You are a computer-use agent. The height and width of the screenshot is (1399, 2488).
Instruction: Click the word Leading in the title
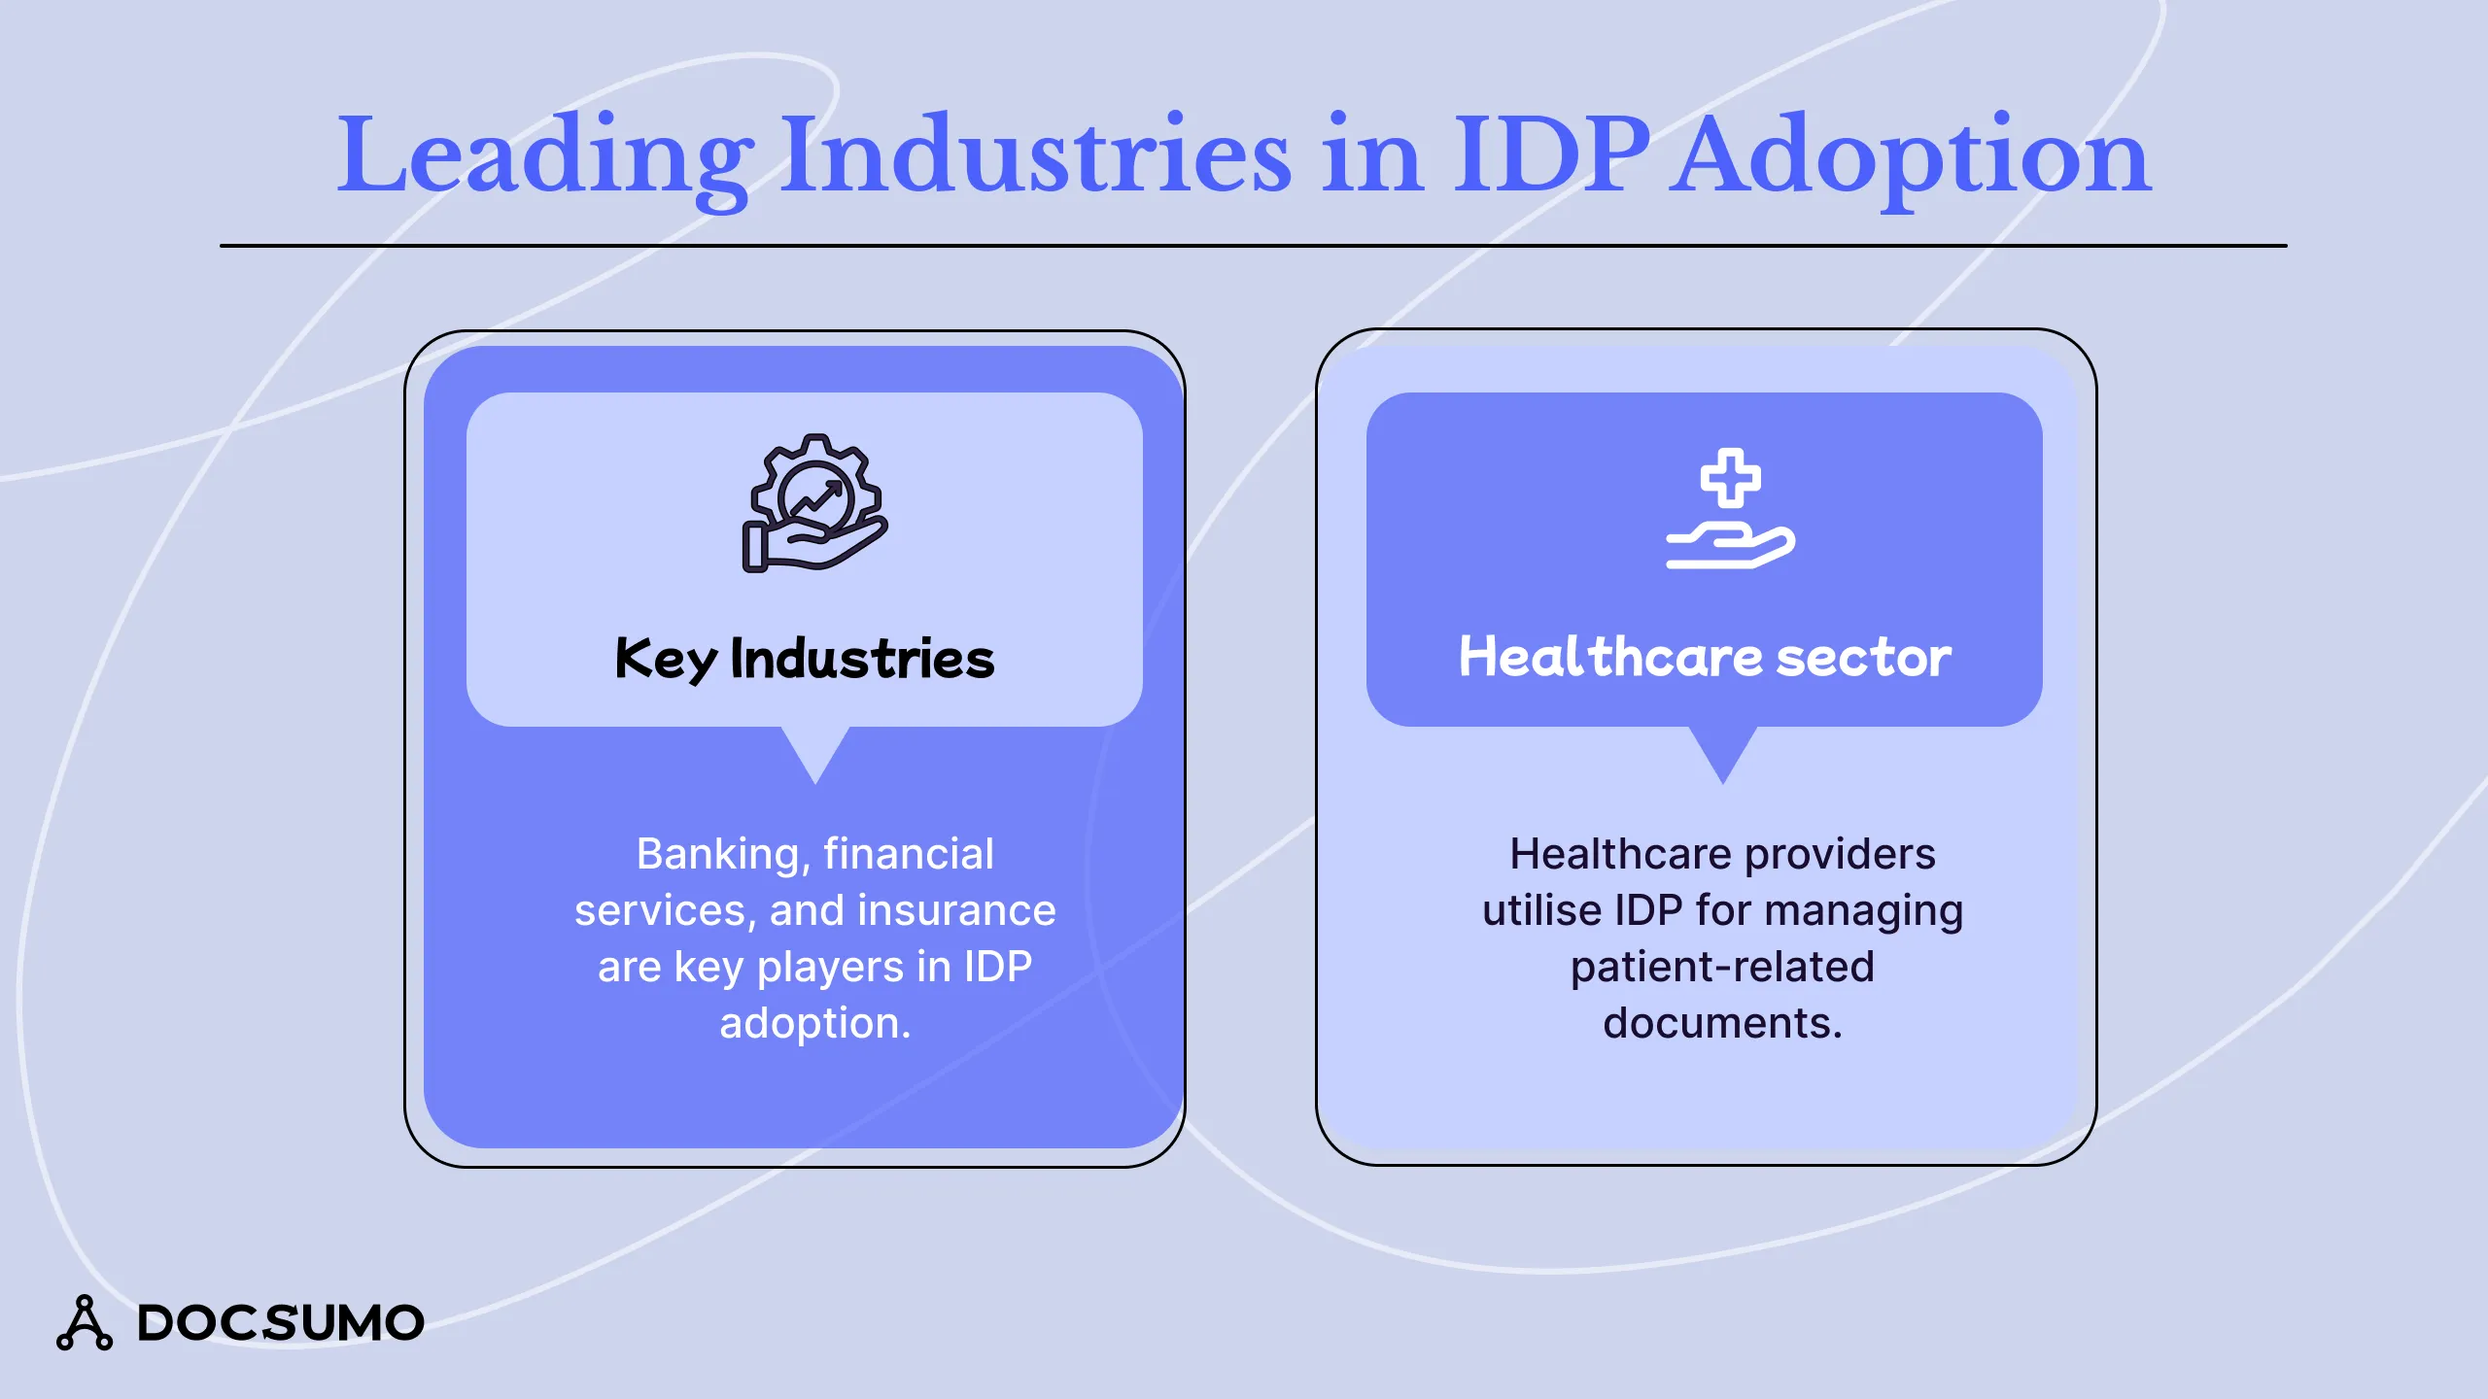pos(544,155)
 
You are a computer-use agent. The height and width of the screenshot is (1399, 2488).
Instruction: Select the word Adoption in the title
pos(1910,155)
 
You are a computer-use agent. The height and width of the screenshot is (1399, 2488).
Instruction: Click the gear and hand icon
pos(814,503)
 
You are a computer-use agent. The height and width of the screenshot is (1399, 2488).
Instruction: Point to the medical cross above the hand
pos(1730,477)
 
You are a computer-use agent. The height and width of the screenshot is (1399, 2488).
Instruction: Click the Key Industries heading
pos(805,659)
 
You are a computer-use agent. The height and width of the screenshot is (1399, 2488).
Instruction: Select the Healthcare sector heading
pos(1705,658)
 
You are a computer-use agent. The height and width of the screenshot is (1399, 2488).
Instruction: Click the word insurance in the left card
pos(956,911)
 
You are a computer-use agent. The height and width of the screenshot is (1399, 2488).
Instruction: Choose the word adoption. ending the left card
pos(814,1024)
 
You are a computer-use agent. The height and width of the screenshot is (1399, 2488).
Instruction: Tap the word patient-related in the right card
pos(1722,968)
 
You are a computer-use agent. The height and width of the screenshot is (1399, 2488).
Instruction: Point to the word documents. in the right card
pos(1722,1024)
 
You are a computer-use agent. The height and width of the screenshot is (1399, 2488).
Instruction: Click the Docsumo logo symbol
pos(85,1323)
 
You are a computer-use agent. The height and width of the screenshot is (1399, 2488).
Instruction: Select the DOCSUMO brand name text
pos(281,1323)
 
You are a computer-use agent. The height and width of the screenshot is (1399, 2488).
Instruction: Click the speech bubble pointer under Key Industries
pos(816,751)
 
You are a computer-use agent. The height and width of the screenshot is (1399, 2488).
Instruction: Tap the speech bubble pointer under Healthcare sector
pos(1723,751)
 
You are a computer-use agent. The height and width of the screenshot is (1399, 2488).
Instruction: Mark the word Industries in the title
pos(1036,155)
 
